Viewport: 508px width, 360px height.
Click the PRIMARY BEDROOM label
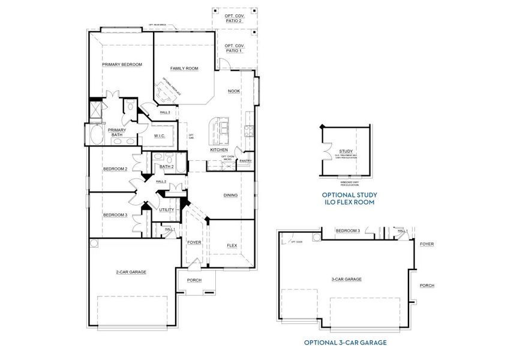pos(122,64)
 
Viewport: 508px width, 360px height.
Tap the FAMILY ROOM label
pos(184,68)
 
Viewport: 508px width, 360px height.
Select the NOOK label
pos(234,91)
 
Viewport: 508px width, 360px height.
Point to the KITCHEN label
pos(218,149)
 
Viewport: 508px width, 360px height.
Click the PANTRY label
pos(245,161)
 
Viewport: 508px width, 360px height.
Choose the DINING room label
pos(230,195)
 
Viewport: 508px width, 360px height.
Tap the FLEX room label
pos(232,245)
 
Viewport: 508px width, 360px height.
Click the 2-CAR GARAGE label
pos(131,272)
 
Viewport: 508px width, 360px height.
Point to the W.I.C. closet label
pos(159,136)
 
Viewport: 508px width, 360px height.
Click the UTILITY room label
pos(166,209)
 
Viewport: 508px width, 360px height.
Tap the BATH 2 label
pos(166,167)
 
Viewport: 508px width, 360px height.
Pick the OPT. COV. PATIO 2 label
pos(234,18)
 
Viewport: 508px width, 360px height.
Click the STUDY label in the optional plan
pos(345,151)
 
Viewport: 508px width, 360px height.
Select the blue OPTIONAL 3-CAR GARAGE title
pos(345,343)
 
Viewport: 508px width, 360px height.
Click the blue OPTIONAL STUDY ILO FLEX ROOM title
pos(348,199)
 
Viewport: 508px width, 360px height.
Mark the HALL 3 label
pos(165,112)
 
